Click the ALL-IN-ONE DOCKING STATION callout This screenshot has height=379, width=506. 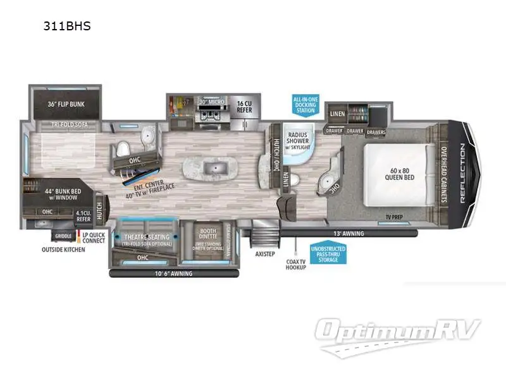point(304,105)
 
